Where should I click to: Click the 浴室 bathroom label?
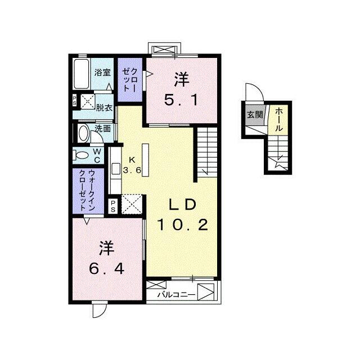(102, 73)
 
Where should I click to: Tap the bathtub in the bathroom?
(82, 74)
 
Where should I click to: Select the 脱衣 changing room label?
(104, 107)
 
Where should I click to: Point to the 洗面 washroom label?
(103, 129)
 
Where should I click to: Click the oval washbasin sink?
(84, 134)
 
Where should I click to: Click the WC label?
(97, 155)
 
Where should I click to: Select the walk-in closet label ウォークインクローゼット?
(87, 190)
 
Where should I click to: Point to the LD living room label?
(182, 205)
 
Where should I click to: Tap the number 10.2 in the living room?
(182, 225)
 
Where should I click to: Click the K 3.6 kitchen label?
(132, 165)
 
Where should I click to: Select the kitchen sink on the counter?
(115, 169)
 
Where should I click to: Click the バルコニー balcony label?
(176, 295)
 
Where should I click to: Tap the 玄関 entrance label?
(255, 114)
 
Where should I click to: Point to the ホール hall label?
(278, 119)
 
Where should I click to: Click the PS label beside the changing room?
(75, 101)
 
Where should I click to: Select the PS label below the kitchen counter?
(113, 206)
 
